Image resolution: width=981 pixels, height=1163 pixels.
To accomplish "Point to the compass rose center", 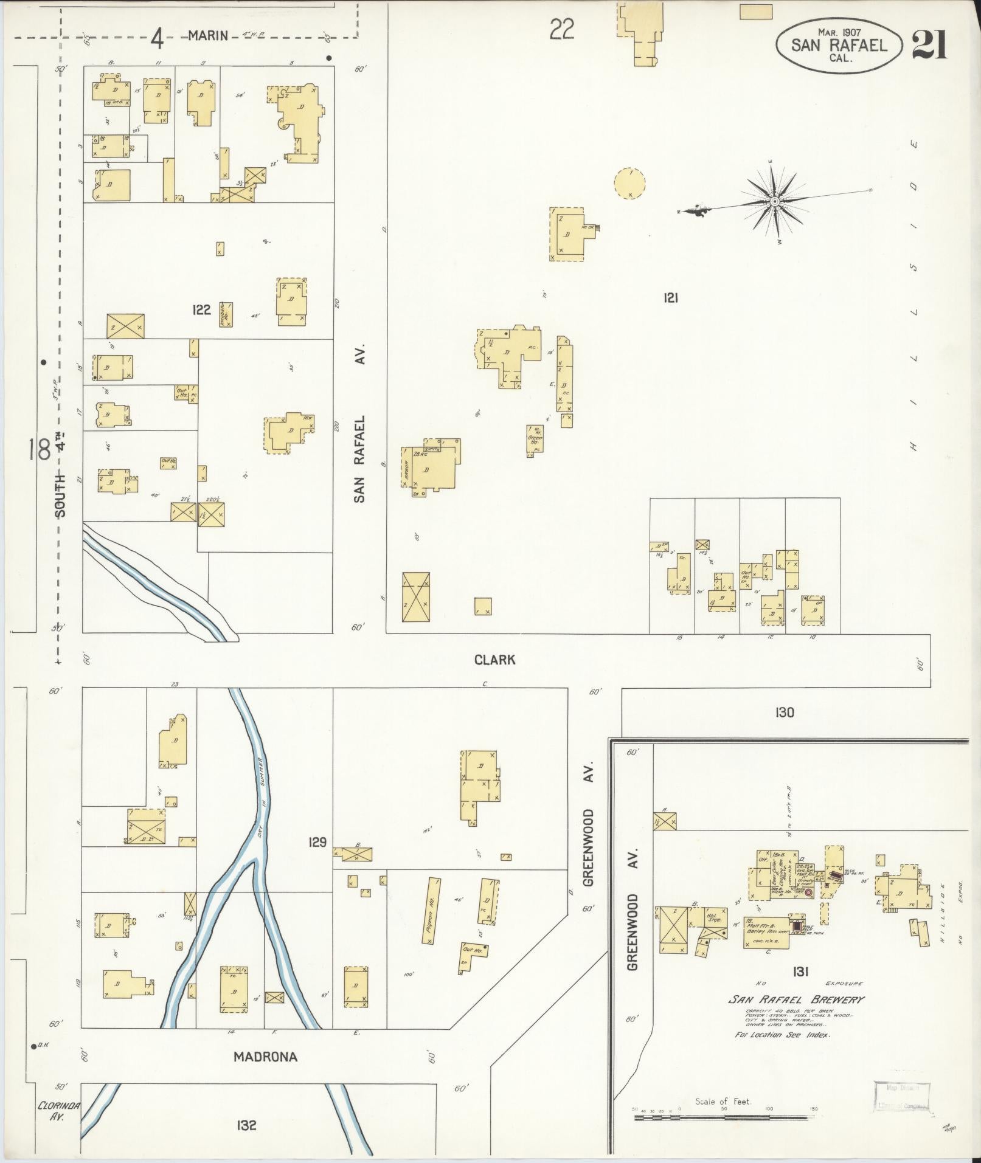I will pyautogui.click(x=775, y=201).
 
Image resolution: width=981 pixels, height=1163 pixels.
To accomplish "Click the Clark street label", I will pyautogui.click(x=494, y=660).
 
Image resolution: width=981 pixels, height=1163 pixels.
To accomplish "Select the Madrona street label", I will pyautogui.click(x=266, y=1057).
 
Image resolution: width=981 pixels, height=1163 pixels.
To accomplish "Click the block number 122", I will pyautogui.click(x=201, y=310).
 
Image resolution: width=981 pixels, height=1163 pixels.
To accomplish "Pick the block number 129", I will pyautogui.click(x=317, y=842).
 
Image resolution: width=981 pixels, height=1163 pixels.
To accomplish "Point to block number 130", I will pyautogui.click(x=785, y=712).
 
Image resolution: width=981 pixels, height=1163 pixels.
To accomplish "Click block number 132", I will pyautogui.click(x=246, y=1126).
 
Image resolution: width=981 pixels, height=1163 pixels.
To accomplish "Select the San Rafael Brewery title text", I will pyautogui.click(x=797, y=999).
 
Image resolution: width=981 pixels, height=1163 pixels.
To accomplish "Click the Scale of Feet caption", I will pyautogui.click(x=723, y=1101).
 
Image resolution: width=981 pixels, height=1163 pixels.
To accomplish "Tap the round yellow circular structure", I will pyautogui.click(x=629, y=183).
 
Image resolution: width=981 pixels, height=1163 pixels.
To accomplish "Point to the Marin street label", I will pyautogui.click(x=208, y=35).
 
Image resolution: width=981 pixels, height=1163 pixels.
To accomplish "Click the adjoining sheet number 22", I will pyautogui.click(x=561, y=29).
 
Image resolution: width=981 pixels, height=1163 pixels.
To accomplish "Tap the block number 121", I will pyautogui.click(x=671, y=298).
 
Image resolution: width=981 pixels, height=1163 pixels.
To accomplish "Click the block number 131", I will pyautogui.click(x=800, y=972).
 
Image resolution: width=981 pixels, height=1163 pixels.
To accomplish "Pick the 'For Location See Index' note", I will pyautogui.click(x=782, y=1035).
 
